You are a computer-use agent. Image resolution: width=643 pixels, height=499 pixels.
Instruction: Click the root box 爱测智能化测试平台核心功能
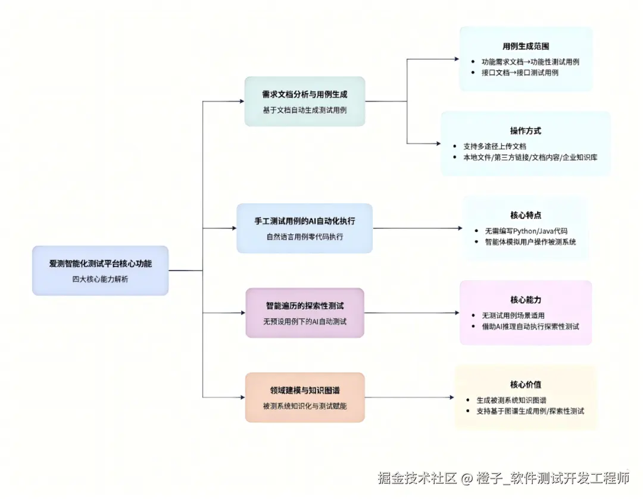pyautogui.click(x=100, y=271)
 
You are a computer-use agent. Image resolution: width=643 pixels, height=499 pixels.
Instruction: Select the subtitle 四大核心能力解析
pyautogui.click(x=100, y=279)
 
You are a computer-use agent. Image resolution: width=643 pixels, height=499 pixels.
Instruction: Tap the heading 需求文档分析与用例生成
pyautogui.click(x=304, y=94)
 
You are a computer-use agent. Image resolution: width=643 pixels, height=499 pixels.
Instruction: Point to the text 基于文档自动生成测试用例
pyautogui.click(x=304, y=110)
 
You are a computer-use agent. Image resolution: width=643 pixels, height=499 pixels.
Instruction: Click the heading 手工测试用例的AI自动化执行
pyautogui.click(x=304, y=221)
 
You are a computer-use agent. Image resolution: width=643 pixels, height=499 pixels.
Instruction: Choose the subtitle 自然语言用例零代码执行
pyautogui.click(x=304, y=236)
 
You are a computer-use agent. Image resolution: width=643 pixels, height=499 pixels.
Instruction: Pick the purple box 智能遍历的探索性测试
pyautogui.click(x=304, y=313)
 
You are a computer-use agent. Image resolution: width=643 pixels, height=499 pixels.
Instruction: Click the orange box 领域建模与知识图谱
pyautogui.click(x=304, y=397)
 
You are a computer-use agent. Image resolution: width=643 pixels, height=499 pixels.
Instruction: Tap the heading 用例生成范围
pyautogui.click(x=526, y=46)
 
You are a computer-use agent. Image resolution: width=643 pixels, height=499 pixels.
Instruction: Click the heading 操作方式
pyautogui.click(x=526, y=131)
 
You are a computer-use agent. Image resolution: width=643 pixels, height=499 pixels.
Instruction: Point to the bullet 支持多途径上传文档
pyautogui.click(x=494, y=146)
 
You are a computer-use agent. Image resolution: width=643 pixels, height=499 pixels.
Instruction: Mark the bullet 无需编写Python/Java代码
pyautogui.click(x=525, y=230)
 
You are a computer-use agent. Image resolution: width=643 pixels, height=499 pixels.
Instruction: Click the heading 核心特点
pyautogui.click(x=526, y=215)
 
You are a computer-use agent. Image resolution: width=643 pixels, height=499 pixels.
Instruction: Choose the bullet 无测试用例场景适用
pyautogui.click(x=513, y=315)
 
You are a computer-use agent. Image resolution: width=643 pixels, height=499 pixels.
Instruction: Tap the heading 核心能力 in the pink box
pyautogui.click(x=526, y=300)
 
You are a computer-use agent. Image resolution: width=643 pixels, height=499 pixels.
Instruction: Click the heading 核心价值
pyautogui.click(x=526, y=384)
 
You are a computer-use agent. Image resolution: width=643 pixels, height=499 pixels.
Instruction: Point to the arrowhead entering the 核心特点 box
pyautogui.click(x=459, y=228)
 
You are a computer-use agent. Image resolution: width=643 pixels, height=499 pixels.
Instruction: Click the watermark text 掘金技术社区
pyautogui.click(x=417, y=478)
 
